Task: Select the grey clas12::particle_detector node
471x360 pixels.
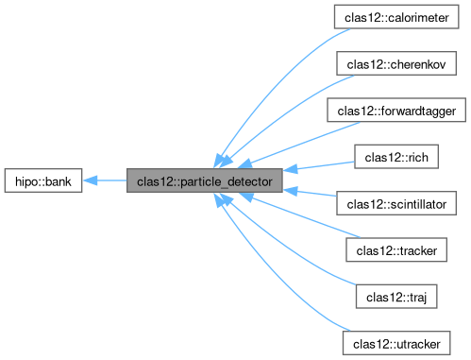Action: [204, 180]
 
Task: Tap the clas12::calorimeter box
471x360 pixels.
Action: [397, 17]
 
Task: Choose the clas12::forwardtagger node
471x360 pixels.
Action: [397, 110]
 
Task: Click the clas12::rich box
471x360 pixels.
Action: [397, 156]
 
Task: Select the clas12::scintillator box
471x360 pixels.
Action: [397, 202]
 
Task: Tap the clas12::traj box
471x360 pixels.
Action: [397, 295]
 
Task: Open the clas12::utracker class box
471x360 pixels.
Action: [397, 341]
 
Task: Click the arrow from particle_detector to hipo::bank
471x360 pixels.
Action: [109, 180]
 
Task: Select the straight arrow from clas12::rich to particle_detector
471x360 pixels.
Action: [321, 166]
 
